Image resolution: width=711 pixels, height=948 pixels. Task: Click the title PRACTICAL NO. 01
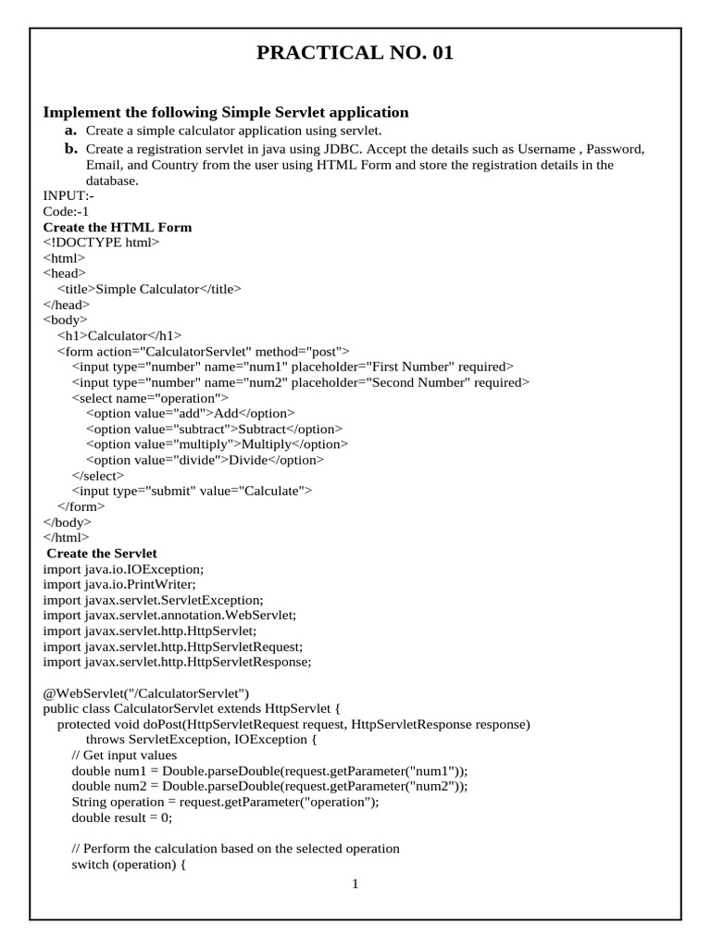pyautogui.click(x=355, y=53)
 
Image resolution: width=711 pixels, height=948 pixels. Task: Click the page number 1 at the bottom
pyautogui.click(x=355, y=884)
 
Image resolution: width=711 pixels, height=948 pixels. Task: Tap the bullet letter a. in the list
pyautogui.click(x=71, y=131)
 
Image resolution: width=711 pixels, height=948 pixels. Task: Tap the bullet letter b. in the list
pyautogui.click(x=71, y=148)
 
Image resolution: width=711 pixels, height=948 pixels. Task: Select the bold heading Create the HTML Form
pyautogui.click(x=118, y=227)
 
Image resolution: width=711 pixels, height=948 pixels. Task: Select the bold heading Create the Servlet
pyautogui.click(x=102, y=554)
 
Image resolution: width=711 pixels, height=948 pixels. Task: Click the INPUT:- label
pyautogui.click(x=69, y=195)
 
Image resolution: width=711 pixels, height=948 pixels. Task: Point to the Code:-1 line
pyautogui.click(x=67, y=211)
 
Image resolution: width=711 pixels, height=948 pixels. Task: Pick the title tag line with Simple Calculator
pyautogui.click(x=149, y=289)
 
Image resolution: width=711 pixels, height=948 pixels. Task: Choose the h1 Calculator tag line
pyautogui.click(x=119, y=336)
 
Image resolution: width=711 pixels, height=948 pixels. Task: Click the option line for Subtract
pyautogui.click(x=214, y=429)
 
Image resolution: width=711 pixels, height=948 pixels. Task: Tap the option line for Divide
pyautogui.click(x=205, y=460)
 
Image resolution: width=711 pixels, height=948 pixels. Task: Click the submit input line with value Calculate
pyautogui.click(x=192, y=491)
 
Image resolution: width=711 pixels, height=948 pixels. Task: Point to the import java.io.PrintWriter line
pyautogui.click(x=119, y=585)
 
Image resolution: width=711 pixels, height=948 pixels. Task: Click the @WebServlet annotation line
pyautogui.click(x=146, y=693)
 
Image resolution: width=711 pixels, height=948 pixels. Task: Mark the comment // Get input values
pyautogui.click(x=124, y=755)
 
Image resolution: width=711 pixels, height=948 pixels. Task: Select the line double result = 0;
pyautogui.click(x=121, y=817)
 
